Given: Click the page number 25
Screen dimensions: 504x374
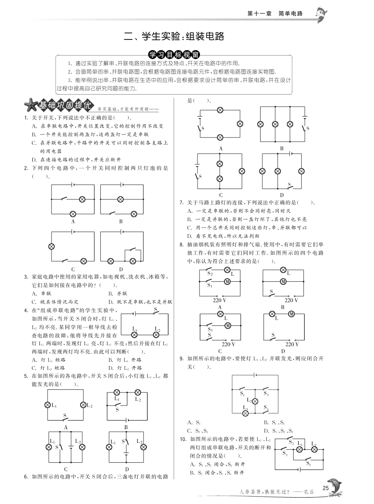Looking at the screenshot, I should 325,488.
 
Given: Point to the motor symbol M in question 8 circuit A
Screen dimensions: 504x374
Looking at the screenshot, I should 227,281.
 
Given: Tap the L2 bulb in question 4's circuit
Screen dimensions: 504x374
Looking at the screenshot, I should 156,335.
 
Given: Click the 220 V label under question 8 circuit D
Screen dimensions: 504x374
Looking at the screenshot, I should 292,344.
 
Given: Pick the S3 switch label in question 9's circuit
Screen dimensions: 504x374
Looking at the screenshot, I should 266,407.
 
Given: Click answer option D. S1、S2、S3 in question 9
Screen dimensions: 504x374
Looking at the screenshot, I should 278,431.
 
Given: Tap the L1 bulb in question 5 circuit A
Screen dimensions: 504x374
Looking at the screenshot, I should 48,405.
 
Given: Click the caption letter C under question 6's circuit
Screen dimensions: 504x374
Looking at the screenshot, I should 221,195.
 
